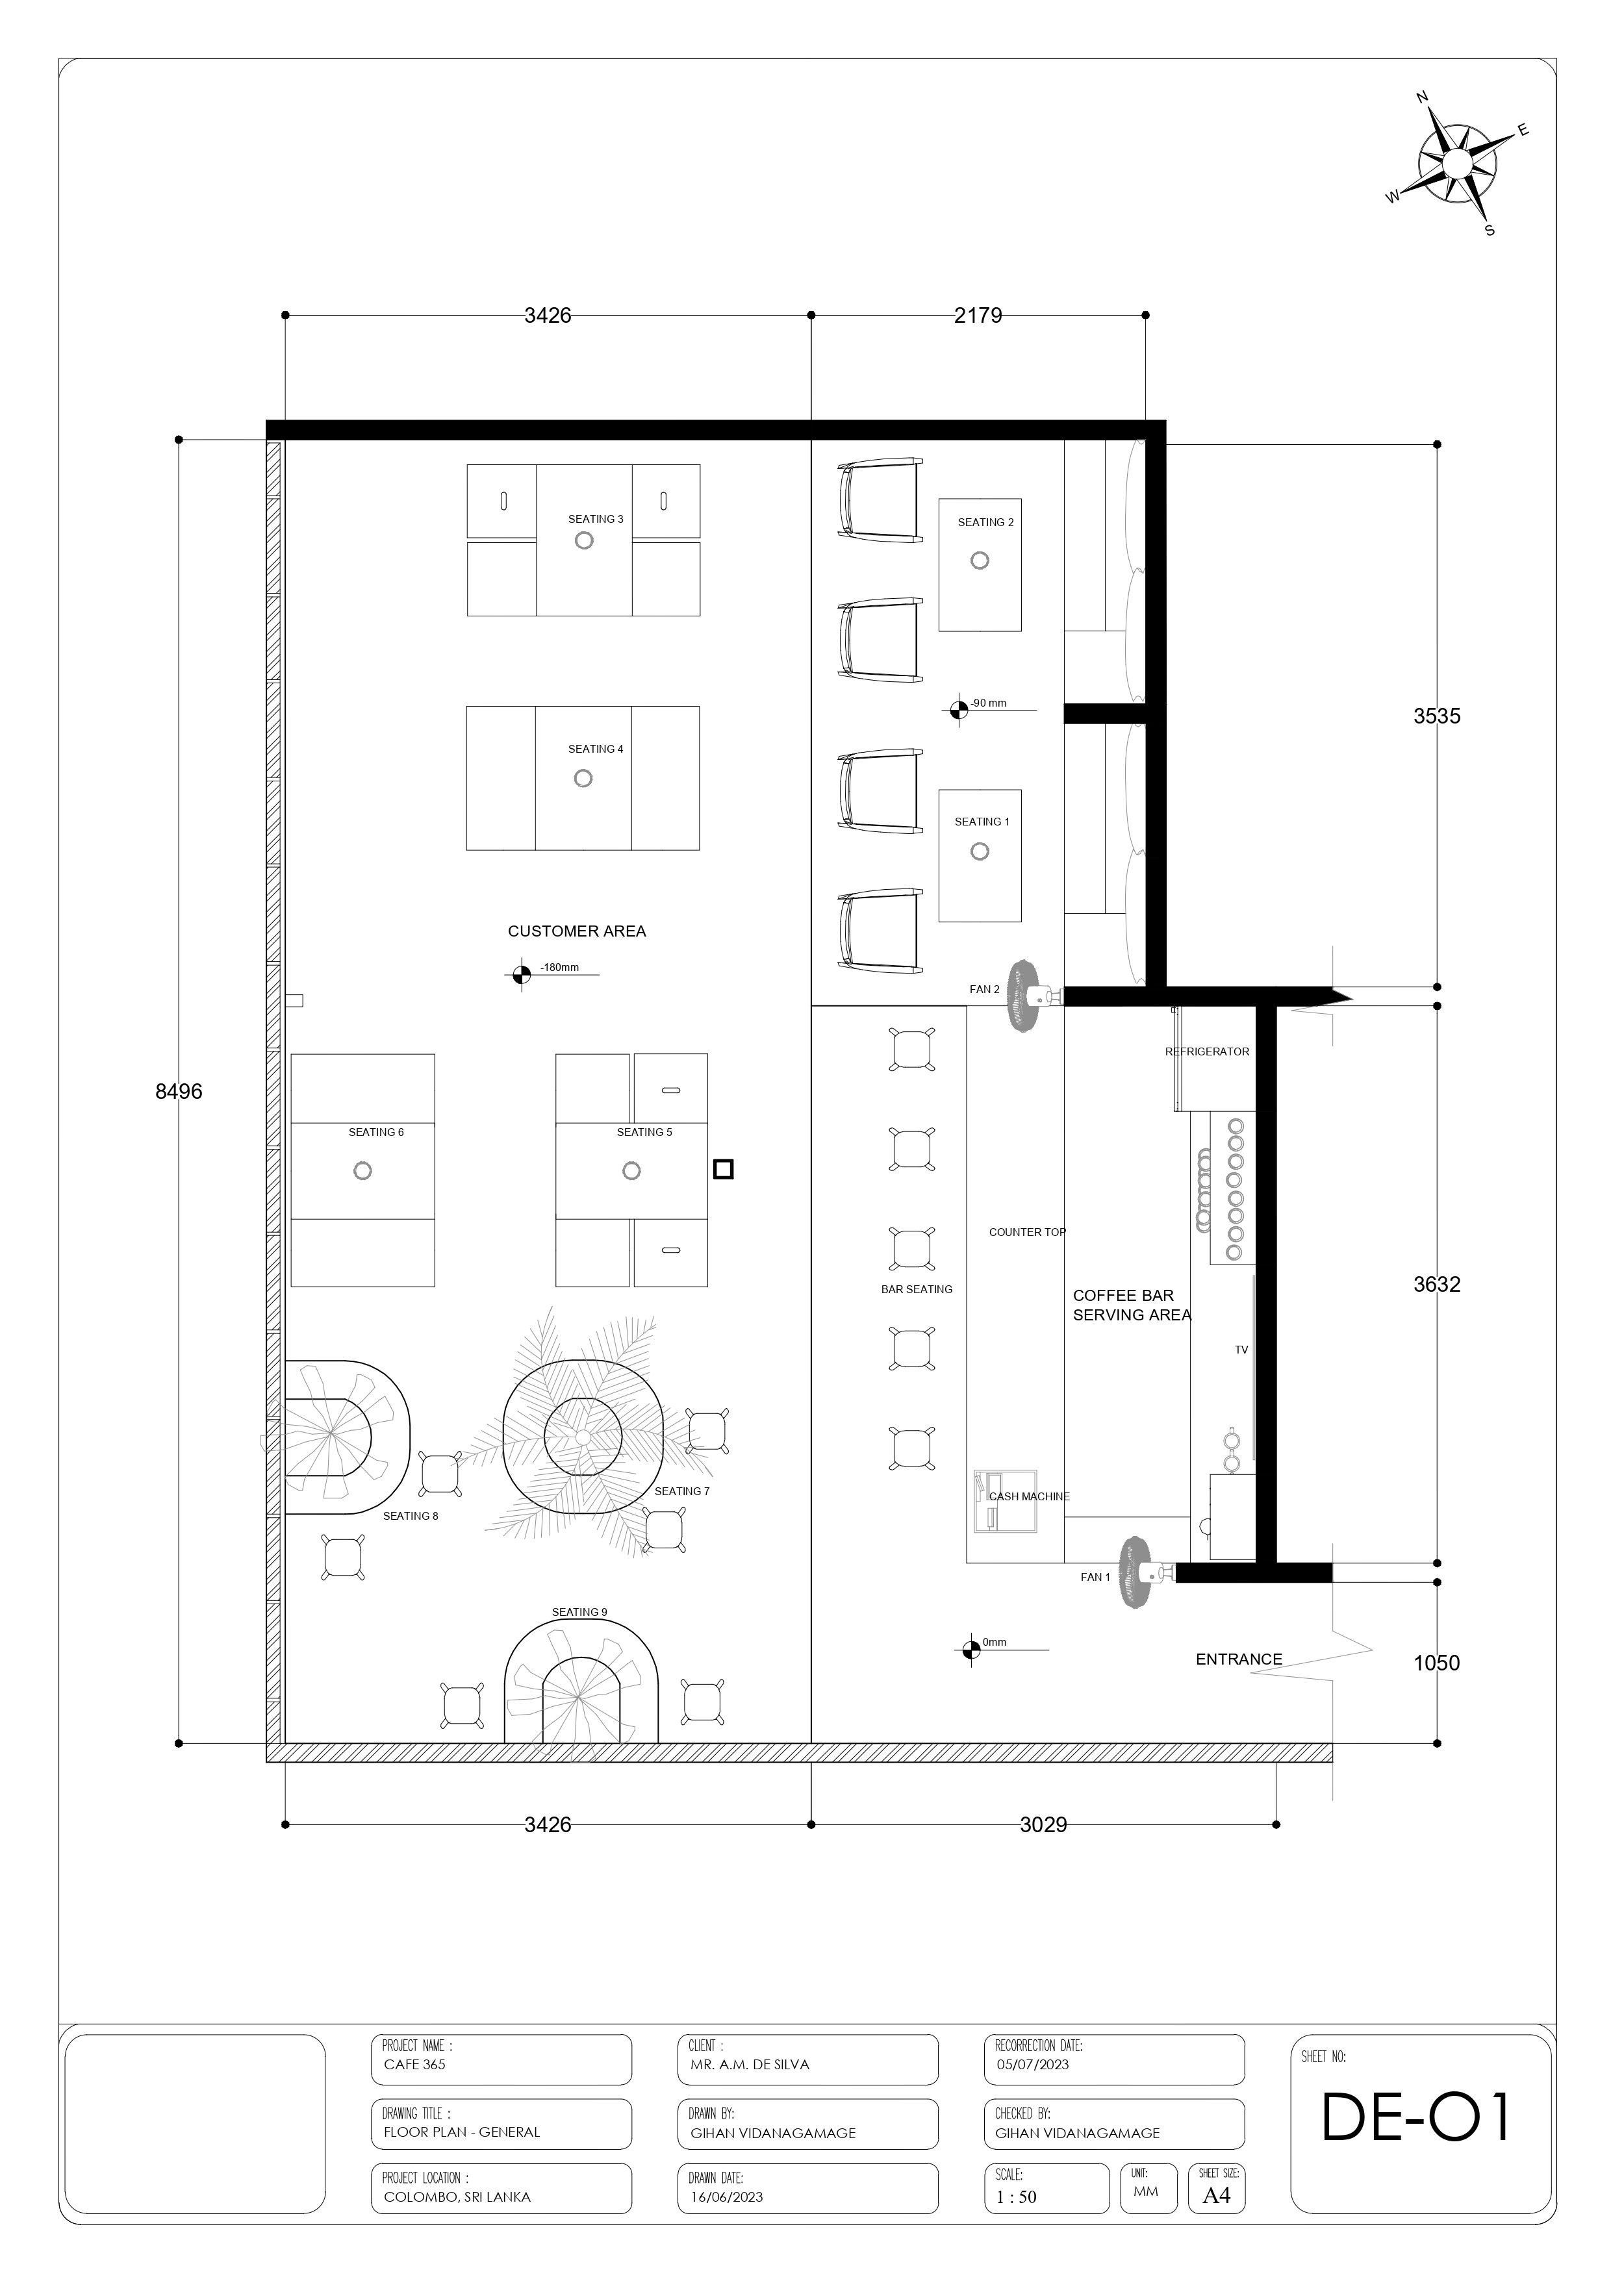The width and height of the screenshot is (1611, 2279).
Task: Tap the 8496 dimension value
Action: (x=179, y=1091)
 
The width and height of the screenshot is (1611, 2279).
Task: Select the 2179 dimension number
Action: (x=978, y=316)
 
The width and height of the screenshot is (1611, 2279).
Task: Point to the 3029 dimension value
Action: (x=1043, y=1824)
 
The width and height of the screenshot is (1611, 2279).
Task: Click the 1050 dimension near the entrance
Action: (x=1436, y=1663)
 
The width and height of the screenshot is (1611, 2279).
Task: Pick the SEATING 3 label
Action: (x=596, y=519)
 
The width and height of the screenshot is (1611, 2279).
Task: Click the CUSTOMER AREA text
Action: (x=577, y=931)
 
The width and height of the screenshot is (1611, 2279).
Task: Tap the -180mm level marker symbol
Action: (x=518, y=975)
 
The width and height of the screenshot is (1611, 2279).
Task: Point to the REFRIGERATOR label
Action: (x=1207, y=1051)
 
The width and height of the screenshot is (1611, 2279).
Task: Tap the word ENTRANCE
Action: (x=1239, y=1659)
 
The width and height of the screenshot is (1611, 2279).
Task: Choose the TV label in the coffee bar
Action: (x=1241, y=1350)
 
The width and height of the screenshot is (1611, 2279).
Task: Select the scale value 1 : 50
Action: (x=1017, y=2197)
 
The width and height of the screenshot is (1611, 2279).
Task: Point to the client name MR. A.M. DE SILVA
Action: (x=750, y=2063)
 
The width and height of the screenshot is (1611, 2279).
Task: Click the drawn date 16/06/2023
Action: (x=727, y=2197)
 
